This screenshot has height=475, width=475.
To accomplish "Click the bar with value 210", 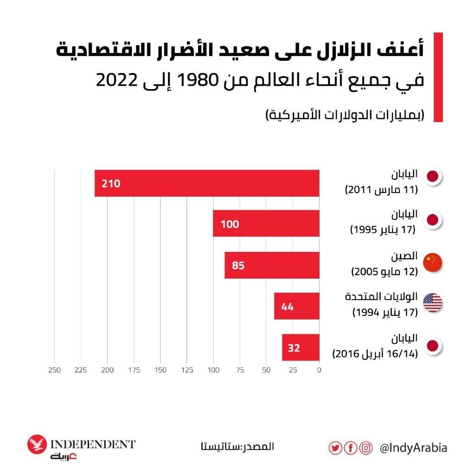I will [x=207, y=183].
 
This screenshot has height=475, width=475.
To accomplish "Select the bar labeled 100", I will [x=266, y=224].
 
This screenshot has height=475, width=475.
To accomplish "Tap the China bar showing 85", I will [x=272, y=265].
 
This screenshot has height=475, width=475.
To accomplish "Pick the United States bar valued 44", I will [x=296, y=306].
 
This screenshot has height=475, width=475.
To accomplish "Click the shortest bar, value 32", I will [x=301, y=347].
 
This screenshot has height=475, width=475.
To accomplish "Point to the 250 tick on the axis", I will [x=55, y=370].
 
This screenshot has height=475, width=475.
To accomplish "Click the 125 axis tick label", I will [x=187, y=370].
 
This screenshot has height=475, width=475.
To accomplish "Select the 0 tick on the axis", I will [x=319, y=370].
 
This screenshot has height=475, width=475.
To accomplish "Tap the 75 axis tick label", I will [x=240, y=370].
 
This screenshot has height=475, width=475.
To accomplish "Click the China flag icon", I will [x=433, y=262].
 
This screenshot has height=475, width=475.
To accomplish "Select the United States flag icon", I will [x=433, y=302].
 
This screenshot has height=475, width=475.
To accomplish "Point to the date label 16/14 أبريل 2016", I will [x=375, y=354].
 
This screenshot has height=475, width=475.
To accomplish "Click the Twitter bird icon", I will [x=335, y=448].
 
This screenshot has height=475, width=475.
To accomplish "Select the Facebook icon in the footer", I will [x=351, y=448].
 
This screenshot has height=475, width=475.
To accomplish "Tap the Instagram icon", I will [x=366, y=448].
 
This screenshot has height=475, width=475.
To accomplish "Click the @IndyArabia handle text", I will [x=413, y=448].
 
